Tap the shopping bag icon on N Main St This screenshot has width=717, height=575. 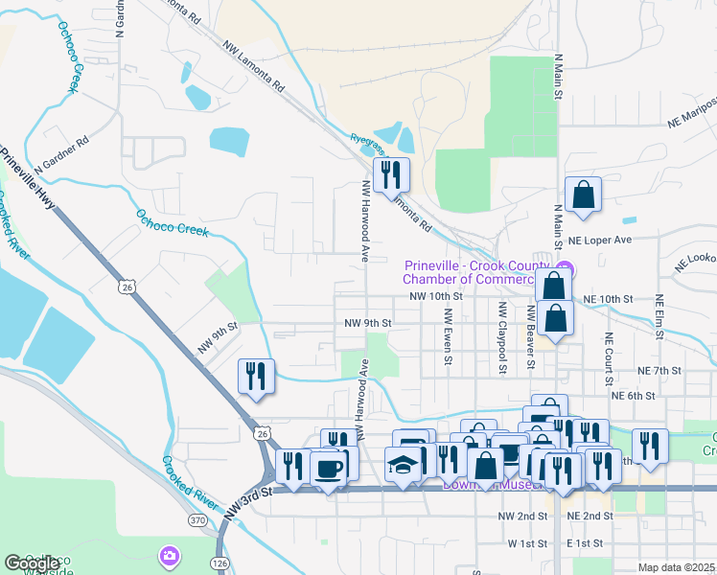[582, 195]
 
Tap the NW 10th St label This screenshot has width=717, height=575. [436, 297]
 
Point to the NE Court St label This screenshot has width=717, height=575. [608, 356]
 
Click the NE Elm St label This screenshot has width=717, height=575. [659, 317]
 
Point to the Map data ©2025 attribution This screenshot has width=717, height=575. [677, 567]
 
